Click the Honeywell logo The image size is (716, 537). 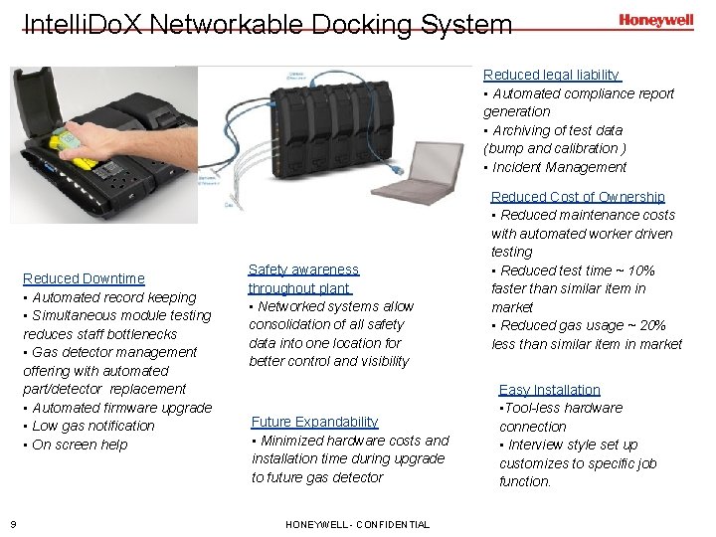point(655,19)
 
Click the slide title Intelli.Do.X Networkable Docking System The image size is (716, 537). point(268,23)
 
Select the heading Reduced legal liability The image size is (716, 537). point(551,75)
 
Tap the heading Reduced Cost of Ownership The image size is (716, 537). point(578,197)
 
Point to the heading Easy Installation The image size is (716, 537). point(549,390)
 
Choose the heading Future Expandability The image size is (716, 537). point(314,422)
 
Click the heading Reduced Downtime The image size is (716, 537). point(84,278)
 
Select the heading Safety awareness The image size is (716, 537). point(303,269)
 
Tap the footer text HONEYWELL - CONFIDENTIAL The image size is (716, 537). point(357,524)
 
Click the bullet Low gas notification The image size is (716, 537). point(92,426)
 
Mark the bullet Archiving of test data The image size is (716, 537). point(557,130)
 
